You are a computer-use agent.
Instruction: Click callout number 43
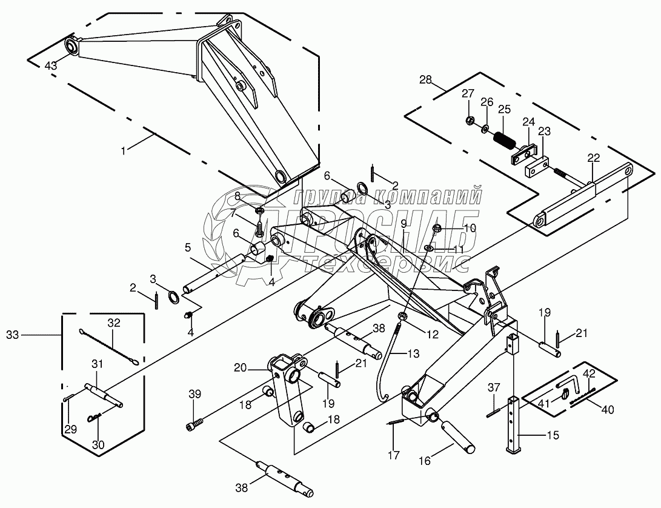click(51, 65)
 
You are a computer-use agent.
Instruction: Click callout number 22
click(593, 158)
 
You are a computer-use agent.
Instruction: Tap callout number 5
click(188, 247)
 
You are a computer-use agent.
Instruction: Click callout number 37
click(494, 387)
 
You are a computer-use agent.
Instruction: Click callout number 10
click(453, 228)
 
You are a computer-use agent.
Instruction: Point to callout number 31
click(98, 363)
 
